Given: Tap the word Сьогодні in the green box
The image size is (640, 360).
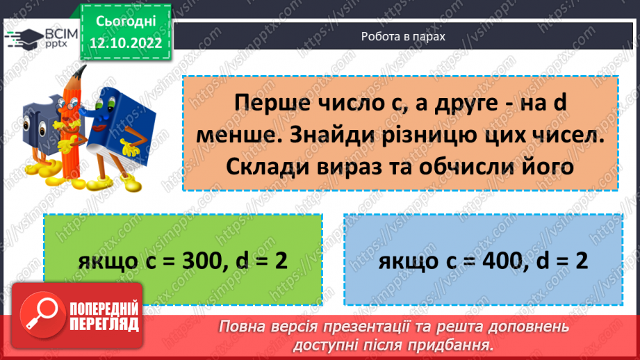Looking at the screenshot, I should point(125,22).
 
